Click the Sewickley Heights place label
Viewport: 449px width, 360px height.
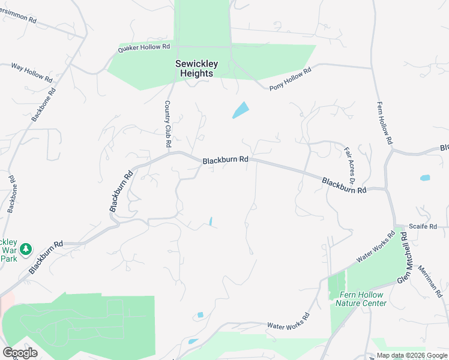196,68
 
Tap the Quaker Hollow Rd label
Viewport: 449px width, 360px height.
144,47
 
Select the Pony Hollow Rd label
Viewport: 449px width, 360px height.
291,79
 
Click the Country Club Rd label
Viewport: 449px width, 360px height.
168,124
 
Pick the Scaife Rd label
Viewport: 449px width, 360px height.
423,226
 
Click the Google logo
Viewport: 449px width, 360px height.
20,353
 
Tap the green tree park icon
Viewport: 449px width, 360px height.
25,248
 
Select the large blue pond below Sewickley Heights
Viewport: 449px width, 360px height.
240,110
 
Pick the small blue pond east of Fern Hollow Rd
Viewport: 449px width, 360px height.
425,178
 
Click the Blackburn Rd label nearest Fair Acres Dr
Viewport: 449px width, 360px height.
344,185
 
